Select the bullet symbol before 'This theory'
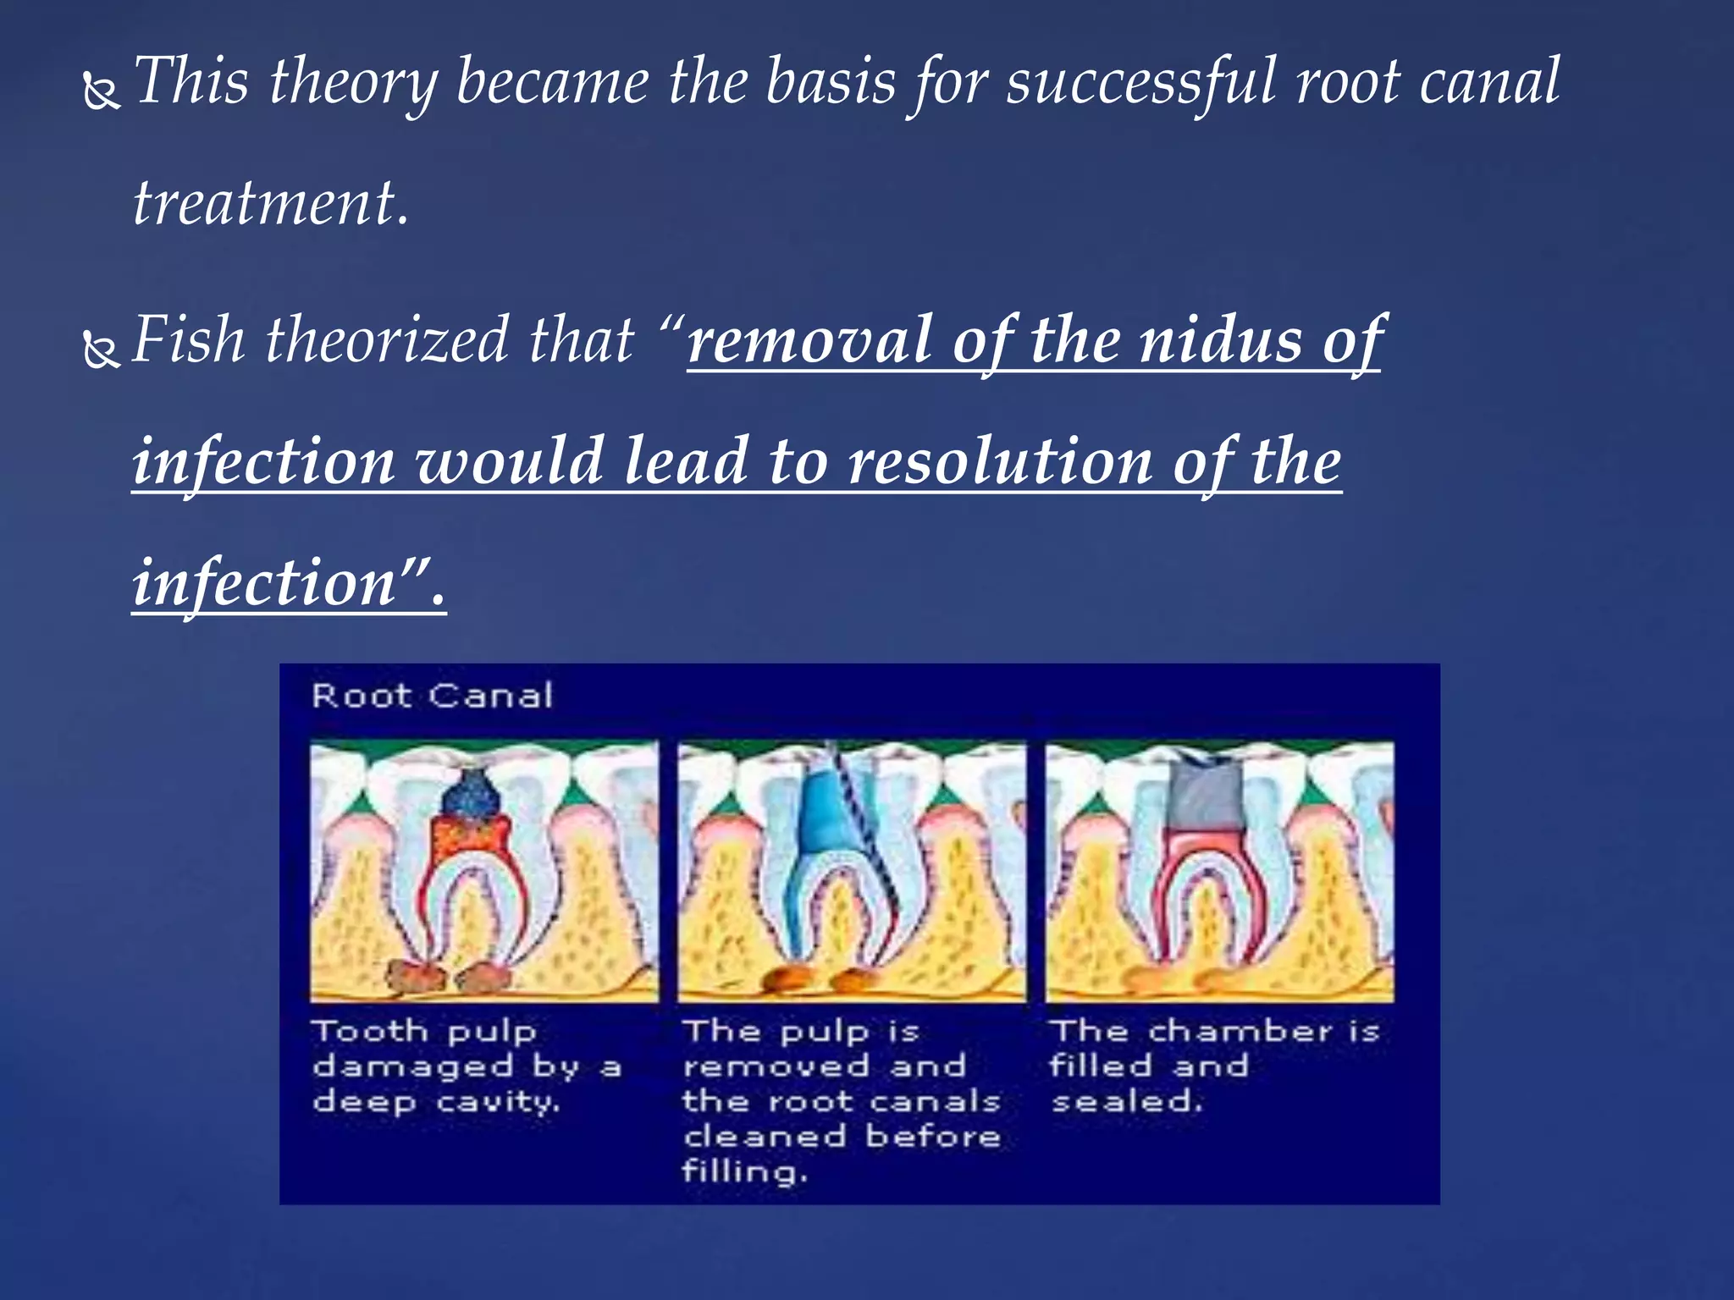(x=102, y=91)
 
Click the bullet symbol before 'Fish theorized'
(x=102, y=350)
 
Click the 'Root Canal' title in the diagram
(x=432, y=696)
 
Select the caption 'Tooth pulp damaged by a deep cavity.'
(x=466, y=1066)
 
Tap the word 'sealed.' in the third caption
(x=1126, y=1102)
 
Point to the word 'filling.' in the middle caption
(x=744, y=1172)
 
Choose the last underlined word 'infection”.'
(x=288, y=584)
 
